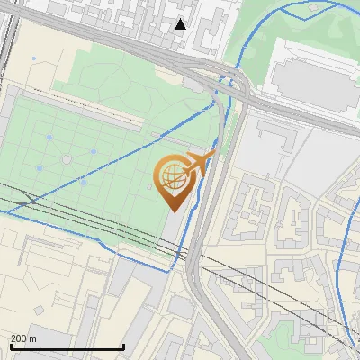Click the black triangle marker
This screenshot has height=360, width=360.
(x=181, y=24)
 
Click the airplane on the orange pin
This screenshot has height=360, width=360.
(x=200, y=162)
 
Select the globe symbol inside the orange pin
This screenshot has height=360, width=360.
(x=173, y=176)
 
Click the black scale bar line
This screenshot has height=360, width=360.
(x=67, y=347)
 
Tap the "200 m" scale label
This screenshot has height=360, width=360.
(x=24, y=338)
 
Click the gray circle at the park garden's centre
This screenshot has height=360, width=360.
(x=67, y=159)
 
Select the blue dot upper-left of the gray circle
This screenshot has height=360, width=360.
(x=50, y=138)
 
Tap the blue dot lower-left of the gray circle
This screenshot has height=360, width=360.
(x=39, y=169)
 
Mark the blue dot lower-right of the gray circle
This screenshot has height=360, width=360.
(x=83, y=180)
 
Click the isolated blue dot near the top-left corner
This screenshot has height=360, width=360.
(x=34, y=59)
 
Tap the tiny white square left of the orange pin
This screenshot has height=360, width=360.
(x=150, y=187)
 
